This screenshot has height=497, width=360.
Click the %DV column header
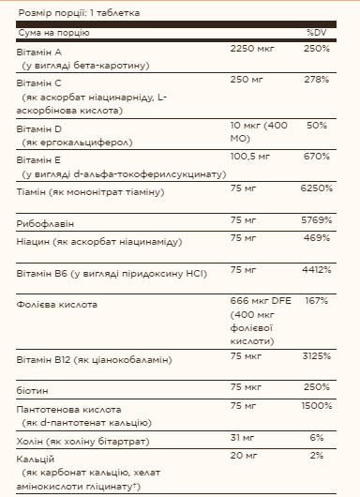(315, 33)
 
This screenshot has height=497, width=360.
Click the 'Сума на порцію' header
(55, 33)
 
